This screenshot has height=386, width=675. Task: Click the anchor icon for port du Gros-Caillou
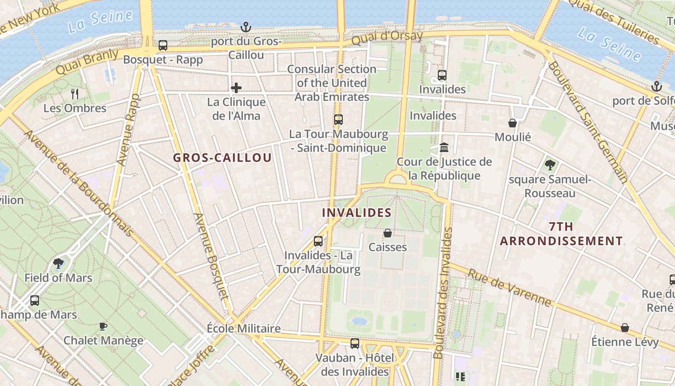coord(246,27)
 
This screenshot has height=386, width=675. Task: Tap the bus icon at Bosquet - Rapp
coord(163,45)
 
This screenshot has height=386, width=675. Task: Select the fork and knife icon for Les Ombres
coord(75,94)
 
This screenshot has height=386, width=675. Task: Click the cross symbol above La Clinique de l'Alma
coord(236,88)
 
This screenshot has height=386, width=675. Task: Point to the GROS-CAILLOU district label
coord(222,158)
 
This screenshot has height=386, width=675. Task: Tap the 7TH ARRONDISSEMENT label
coord(561,234)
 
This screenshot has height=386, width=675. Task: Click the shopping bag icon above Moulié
coord(513,124)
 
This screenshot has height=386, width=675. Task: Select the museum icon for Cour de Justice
coord(444,147)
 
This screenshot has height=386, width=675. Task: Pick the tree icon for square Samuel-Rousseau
coord(550,165)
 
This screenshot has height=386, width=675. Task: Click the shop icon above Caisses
coord(388,234)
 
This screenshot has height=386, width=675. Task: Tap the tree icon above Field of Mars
coord(58,263)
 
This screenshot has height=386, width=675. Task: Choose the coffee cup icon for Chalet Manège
coord(103,327)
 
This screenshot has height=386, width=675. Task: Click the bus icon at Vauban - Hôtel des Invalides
coord(355,344)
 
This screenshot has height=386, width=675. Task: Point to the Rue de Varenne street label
coord(509,288)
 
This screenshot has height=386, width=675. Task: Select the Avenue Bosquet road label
coord(210,256)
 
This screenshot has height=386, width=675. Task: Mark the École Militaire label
coord(243,329)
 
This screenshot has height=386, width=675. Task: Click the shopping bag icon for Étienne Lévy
coord(625,328)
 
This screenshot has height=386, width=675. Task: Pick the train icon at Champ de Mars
coord(35,301)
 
